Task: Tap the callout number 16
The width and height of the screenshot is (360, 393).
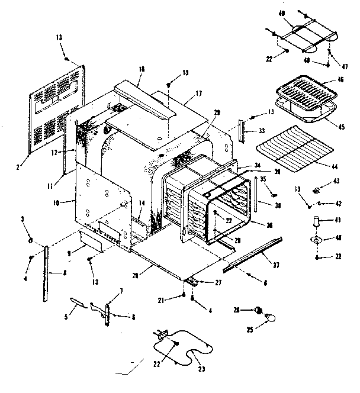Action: click(142, 69)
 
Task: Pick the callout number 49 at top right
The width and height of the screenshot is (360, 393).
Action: click(282, 14)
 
